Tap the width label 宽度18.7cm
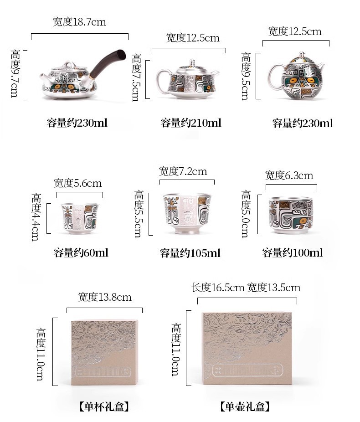click(79, 22)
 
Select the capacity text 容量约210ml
click(191, 123)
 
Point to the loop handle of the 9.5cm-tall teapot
click(274, 77)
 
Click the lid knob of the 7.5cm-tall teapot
click(192, 63)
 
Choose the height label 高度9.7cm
click(15, 73)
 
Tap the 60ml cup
click(80, 218)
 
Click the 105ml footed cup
click(187, 213)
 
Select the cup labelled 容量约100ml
click(291, 215)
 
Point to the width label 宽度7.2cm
click(183, 171)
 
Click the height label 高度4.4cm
click(36, 216)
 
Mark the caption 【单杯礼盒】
click(104, 407)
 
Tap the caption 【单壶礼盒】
click(245, 407)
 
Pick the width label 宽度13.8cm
click(105, 297)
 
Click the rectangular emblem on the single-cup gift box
click(104, 372)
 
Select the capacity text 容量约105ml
click(190, 253)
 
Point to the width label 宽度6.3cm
click(289, 175)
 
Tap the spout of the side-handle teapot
click(44, 77)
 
